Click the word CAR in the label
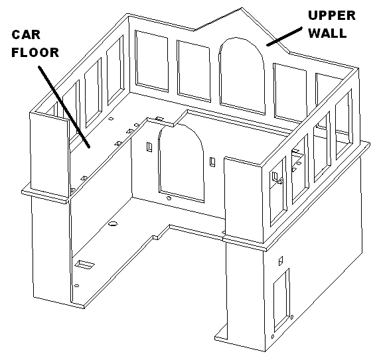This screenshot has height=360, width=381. pyautogui.click(x=26, y=34)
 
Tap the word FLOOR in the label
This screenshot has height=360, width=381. pyautogui.click(x=35, y=52)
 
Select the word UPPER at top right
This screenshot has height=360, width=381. pyautogui.click(x=332, y=15)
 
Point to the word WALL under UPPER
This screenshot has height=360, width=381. pyautogui.click(x=327, y=33)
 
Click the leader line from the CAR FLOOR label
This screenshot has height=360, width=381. pyautogui.click(x=64, y=107)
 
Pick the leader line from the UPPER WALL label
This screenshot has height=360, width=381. pyautogui.click(x=284, y=36)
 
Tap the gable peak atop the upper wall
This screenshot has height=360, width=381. pyautogui.click(x=242, y=8)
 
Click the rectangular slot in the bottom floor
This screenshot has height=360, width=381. pyautogui.click(x=84, y=265)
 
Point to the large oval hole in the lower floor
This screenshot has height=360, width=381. pyautogui.click(x=112, y=223)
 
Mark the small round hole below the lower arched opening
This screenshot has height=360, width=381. pyautogui.click(x=169, y=198)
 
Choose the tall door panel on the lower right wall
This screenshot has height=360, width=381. pyautogui.click(x=281, y=300)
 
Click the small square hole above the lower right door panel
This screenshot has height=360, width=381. pyautogui.click(x=281, y=261)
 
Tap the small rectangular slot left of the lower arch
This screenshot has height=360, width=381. pyautogui.click(x=149, y=147)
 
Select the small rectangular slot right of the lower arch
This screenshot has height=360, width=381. pyautogui.click(x=212, y=162)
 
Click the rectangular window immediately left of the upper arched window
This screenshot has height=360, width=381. pyautogui.click(x=194, y=71)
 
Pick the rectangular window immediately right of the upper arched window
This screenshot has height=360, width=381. pyautogui.click(x=290, y=91)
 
